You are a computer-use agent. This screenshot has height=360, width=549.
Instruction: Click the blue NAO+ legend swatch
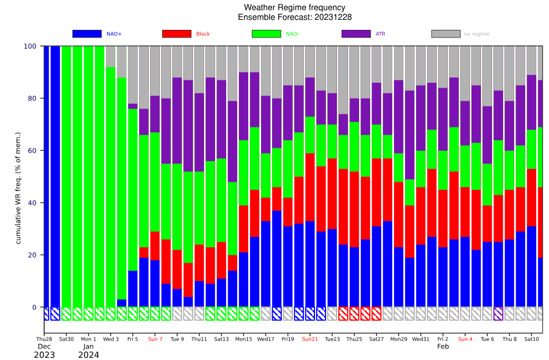(x=87, y=34)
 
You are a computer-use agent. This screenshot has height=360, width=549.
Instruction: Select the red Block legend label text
(x=202, y=34)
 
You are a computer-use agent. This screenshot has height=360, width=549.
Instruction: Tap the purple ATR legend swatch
(x=356, y=34)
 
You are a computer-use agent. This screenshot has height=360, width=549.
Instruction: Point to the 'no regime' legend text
(x=476, y=34)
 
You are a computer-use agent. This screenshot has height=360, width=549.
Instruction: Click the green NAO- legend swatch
(x=266, y=34)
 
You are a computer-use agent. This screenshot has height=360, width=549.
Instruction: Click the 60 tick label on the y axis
(x=32, y=150)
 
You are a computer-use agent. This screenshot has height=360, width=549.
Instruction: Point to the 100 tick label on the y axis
(x=30, y=46)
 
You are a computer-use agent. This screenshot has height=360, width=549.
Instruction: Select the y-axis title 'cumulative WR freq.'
(x=18, y=188)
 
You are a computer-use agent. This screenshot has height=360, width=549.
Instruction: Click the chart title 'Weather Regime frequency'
(x=295, y=7)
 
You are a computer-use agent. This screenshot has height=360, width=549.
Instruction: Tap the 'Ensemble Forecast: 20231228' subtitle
(x=295, y=17)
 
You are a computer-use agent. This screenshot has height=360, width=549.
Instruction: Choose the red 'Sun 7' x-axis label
(x=155, y=339)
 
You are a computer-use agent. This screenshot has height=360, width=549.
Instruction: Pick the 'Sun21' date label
(x=310, y=339)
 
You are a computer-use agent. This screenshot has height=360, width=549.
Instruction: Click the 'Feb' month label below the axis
(x=443, y=346)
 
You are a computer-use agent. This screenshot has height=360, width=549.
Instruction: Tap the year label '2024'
(x=89, y=355)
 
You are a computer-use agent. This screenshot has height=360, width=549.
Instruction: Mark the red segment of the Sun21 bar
(x=310, y=187)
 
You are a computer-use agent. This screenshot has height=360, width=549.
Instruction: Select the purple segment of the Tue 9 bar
(x=177, y=120)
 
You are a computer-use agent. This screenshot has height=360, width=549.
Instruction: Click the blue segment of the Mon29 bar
(x=398, y=277)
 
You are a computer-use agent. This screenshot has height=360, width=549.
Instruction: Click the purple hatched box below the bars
(x=498, y=314)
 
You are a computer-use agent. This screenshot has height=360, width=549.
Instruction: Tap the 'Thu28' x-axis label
(x=44, y=339)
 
